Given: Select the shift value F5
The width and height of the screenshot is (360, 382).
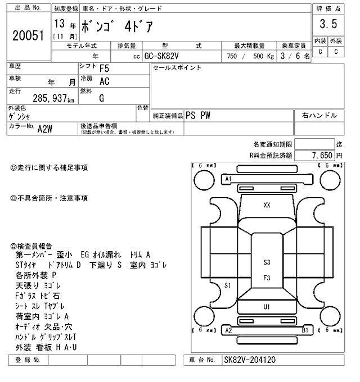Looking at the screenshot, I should (105, 69).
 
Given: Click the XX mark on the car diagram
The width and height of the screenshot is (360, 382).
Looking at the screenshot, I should (267, 206).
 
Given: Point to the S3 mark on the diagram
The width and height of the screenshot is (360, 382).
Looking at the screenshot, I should (267, 262).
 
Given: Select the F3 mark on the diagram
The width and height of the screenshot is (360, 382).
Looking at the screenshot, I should (267, 278).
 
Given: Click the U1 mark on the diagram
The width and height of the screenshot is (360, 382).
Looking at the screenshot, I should (267, 307).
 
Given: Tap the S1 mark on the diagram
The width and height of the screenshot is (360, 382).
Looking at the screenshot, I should (228, 285).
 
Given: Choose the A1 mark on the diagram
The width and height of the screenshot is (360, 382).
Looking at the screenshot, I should (228, 178).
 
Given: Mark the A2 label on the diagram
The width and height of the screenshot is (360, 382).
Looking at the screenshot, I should (228, 330).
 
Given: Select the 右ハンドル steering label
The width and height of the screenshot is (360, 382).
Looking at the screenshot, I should (319, 115).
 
